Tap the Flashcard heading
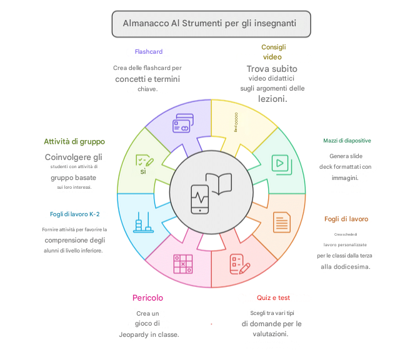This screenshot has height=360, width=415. click(x=149, y=51)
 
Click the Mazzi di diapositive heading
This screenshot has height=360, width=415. click(x=347, y=141)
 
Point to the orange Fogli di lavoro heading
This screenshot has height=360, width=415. click(x=346, y=219)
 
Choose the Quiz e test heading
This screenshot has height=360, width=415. click(x=273, y=297)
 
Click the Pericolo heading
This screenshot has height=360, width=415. click(x=148, y=297)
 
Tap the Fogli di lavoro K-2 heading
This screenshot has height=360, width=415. click(x=75, y=214)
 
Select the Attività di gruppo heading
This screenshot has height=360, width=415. click(x=74, y=141)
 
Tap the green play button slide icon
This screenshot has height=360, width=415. click(x=279, y=163)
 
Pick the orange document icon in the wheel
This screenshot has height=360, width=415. click(x=282, y=222)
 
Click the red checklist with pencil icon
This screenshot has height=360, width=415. click(x=239, y=262)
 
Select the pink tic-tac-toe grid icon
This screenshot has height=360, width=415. click(x=183, y=264)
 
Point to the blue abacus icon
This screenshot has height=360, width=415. click(x=142, y=222)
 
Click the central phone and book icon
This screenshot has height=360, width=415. click(x=210, y=191)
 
